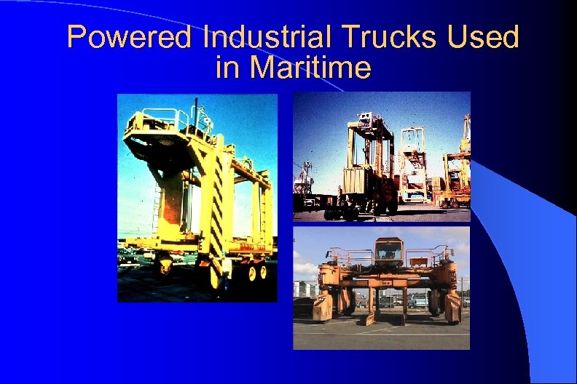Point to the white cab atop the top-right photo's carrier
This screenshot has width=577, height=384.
(x=367, y=121)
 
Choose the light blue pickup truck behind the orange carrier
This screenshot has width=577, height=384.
(x=418, y=300)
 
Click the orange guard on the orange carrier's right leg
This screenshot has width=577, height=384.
(x=452, y=305)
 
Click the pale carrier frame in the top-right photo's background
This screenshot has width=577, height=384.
(x=414, y=164)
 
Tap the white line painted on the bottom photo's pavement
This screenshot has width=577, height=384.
(x=379, y=332)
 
